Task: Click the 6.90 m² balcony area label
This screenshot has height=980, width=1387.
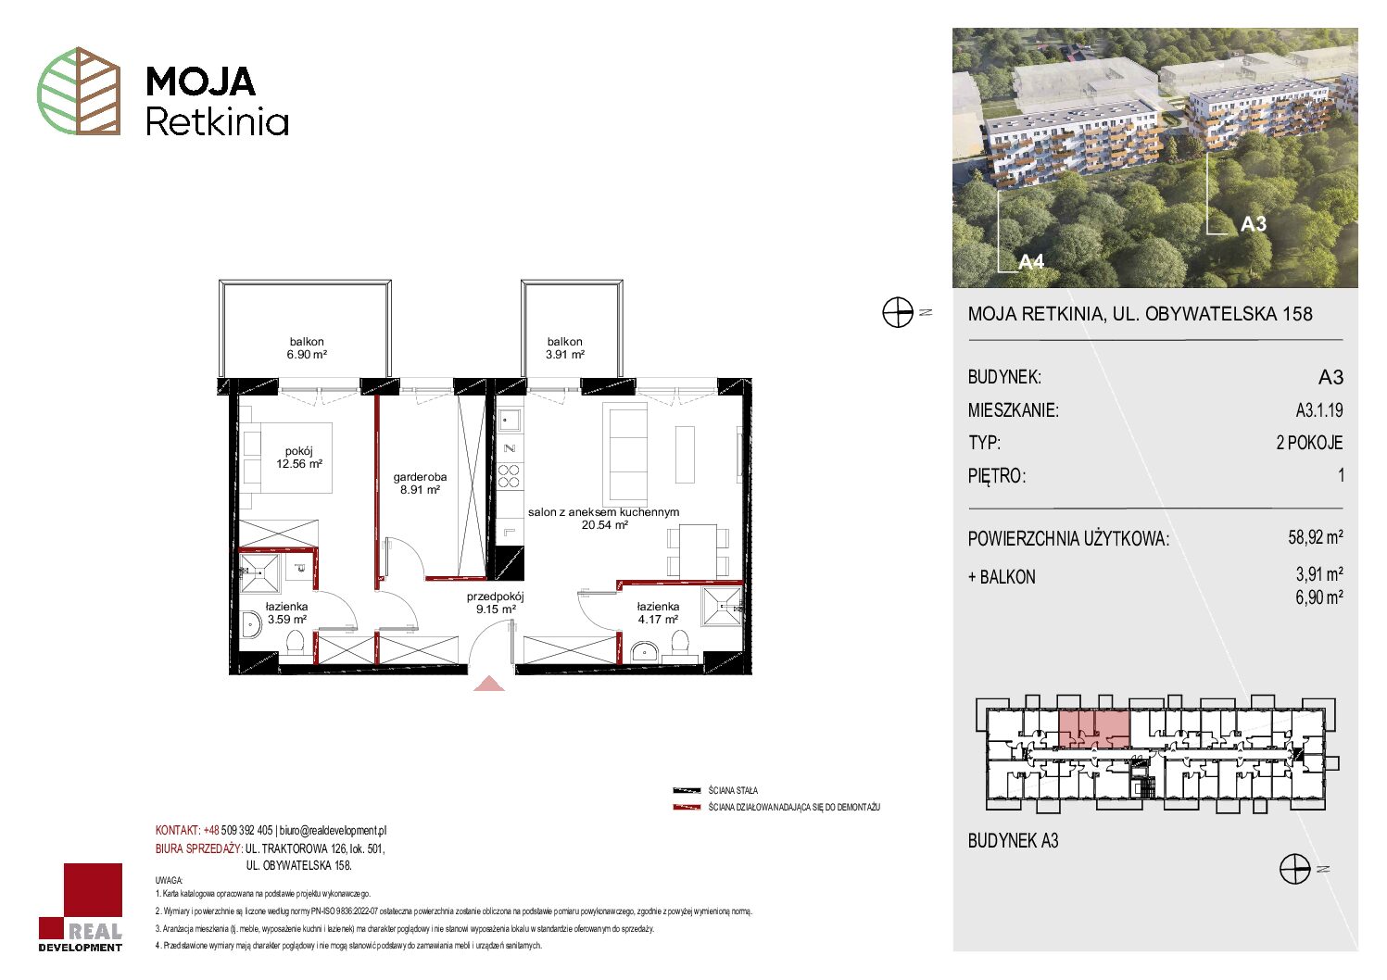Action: pos(307,348)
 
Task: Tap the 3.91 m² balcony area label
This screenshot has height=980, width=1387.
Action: pos(564,348)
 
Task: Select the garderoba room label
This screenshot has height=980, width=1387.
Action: pos(420,484)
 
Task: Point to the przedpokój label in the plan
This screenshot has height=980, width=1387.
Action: pos(496,603)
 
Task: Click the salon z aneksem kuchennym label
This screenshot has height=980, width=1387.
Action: pos(604,519)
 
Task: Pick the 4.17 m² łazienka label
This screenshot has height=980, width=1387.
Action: pos(658,613)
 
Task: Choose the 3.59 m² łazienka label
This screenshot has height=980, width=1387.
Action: pos(286,613)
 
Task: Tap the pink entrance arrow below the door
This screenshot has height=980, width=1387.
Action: pos(489,684)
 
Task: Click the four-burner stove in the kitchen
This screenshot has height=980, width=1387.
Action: pos(509,476)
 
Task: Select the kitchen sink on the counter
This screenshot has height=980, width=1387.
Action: pos(509,421)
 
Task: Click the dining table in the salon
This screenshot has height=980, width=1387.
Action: pos(698,550)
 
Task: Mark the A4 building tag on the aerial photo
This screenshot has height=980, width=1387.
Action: pos(1031,262)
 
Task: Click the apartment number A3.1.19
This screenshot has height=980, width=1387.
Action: pos(1319,409)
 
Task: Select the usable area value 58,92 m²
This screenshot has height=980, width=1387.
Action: pos(1316,536)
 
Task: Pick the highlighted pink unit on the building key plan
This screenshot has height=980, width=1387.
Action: pos(1095,729)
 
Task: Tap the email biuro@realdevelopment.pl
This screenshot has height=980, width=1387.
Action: pos(334,830)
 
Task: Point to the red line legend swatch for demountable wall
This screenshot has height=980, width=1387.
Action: pos(687,808)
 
